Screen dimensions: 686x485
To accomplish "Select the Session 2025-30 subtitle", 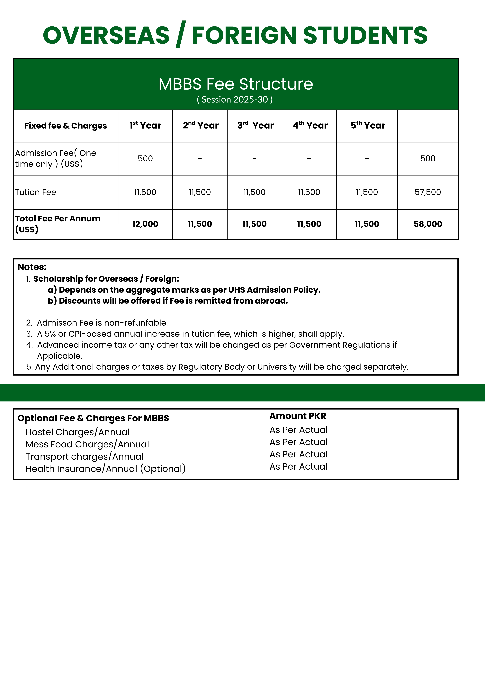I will pos(235,99).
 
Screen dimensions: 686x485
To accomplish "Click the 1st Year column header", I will pos(145,125).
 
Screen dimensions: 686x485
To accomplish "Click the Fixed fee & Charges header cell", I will pos(65,126).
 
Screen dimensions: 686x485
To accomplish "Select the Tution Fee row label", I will pos(36,192).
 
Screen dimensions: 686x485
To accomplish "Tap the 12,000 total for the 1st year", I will pos(145,224).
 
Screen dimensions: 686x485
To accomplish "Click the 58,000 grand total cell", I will pos(428,224).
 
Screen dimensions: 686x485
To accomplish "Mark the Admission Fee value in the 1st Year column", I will pos(145,159).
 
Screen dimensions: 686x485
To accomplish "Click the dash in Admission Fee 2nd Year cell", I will pos(200,159).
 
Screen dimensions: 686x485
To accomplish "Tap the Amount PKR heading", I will pos(298,416).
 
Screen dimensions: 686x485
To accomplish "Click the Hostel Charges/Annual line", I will pos(78,432).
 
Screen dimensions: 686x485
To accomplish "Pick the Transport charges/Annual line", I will pos(85,457).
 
